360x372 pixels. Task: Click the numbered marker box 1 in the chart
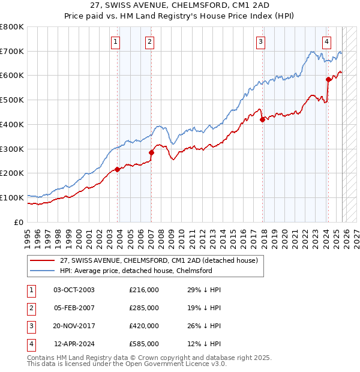(x=115, y=41)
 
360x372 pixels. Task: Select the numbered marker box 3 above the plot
(x=261, y=41)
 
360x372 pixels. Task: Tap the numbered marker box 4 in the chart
(x=326, y=41)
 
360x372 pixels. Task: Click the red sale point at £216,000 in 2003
(x=118, y=169)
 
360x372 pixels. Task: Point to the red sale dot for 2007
(x=151, y=152)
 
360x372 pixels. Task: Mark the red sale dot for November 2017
(x=263, y=119)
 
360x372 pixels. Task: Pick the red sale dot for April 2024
(x=328, y=79)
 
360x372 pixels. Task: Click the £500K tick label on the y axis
(x=12, y=100)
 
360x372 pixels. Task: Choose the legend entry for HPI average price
(x=136, y=271)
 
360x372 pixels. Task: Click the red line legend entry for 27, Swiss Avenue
(x=158, y=260)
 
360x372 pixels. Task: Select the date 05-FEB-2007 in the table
(x=74, y=308)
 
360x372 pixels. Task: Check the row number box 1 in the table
(x=29, y=290)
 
